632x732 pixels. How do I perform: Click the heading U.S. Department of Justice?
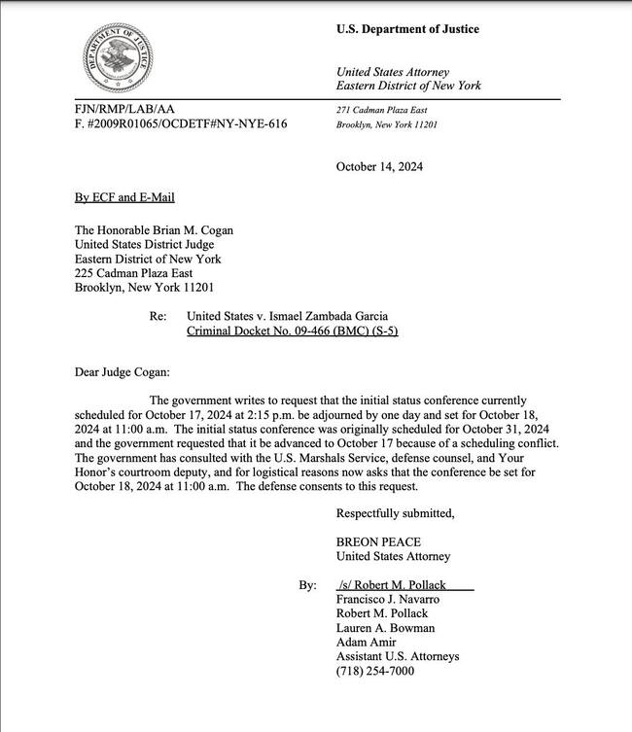pos(407,29)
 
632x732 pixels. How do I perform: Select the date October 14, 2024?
pos(379,166)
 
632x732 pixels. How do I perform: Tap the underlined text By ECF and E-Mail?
pos(124,197)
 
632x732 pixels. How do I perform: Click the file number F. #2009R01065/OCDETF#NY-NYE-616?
pos(181,124)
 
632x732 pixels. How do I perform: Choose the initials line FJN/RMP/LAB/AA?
pos(124,109)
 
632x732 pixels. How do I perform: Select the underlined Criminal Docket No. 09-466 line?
pos(292,331)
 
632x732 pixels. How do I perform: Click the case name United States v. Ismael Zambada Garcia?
pos(293,316)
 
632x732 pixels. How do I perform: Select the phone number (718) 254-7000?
pos(375,671)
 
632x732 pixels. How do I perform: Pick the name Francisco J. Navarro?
pos(389,600)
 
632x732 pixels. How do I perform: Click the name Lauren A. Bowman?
pos(387,628)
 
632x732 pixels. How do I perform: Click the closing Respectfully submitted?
pos(395,513)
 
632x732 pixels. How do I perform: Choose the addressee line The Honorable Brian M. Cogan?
pos(154,230)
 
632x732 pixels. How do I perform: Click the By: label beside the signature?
pos(307,586)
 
